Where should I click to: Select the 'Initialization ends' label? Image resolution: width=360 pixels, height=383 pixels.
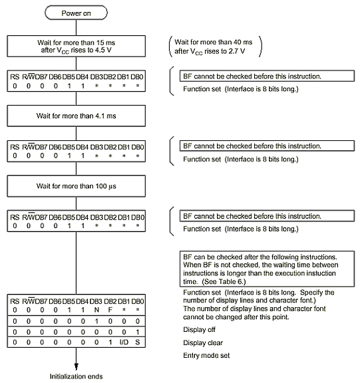coord(77,376)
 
